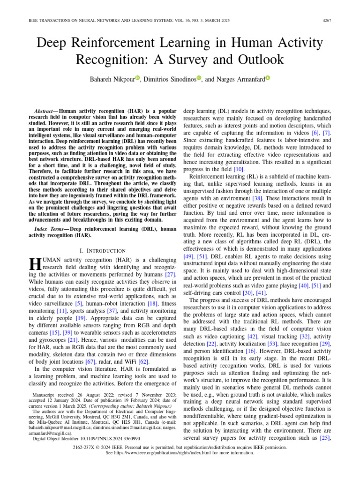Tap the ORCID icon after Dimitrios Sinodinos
(x=199, y=78)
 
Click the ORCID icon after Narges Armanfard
(x=268, y=78)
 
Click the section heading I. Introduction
(x=102, y=251)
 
